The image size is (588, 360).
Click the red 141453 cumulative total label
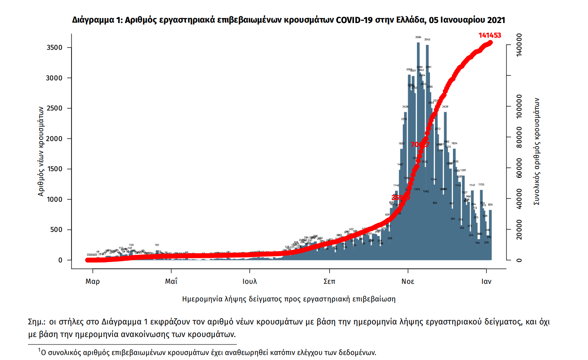coord(490,36)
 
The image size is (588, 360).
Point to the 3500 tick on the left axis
coord(54,48)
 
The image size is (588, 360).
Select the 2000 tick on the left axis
coord(54,139)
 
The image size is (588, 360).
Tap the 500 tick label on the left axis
coord(56,230)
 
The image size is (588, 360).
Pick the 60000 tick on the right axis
coord(519,168)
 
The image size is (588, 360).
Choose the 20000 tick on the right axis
coord(519,229)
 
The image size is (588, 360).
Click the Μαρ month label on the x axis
coord(92,281)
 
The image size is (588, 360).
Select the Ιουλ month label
coord(250,281)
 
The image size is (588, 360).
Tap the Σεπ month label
coord(329,281)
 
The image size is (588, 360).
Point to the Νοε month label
coord(408,281)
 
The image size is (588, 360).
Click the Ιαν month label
coord(486,281)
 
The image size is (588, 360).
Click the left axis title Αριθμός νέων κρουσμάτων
coord(41,151)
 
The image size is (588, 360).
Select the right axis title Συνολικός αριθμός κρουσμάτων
coord(537,152)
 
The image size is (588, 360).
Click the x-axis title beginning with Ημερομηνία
coord(289,299)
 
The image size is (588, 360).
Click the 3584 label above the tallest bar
coord(418,37)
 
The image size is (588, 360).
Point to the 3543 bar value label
coord(427,40)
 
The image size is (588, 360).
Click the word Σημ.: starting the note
coord(37,322)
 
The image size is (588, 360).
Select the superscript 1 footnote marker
coord(39,350)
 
